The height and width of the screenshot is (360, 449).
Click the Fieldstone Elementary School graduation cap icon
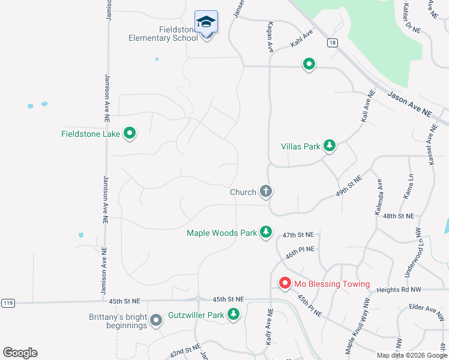[206, 22]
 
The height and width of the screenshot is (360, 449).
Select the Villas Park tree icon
[329, 145]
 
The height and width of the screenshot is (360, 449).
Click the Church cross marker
[266, 192]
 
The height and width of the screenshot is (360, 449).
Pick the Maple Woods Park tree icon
[265, 232]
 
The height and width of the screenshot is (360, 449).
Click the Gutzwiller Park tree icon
[233, 314]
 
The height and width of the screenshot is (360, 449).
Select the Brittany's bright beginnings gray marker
[156, 320]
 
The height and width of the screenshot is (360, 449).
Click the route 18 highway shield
[332, 43]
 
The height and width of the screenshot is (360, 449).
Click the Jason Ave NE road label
[410, 104]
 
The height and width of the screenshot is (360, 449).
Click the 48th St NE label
[399, 215]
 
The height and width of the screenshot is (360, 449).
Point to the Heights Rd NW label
[399, 290]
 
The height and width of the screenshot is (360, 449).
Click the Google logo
[20, 353]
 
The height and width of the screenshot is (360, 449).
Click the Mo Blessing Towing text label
[331, 284]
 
